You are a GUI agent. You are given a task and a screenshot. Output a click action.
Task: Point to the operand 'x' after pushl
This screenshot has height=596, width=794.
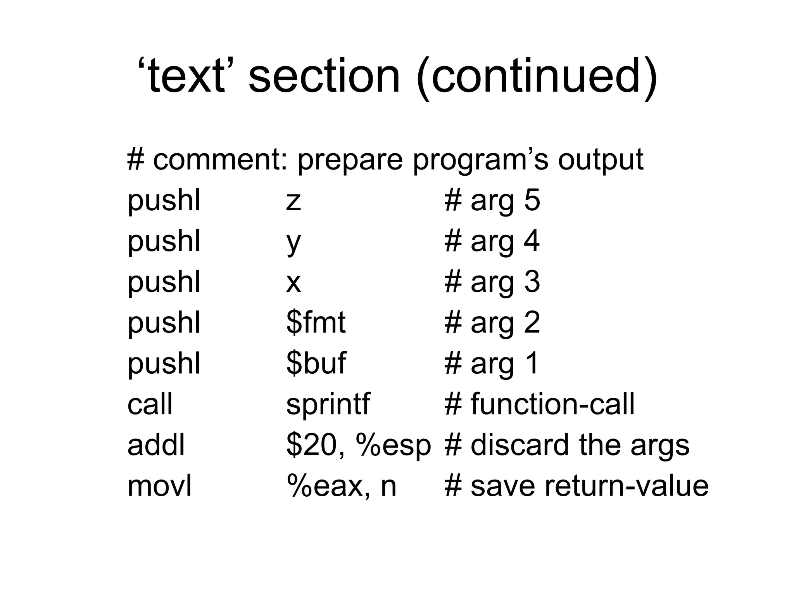pyautogui.click(x=293, y=283)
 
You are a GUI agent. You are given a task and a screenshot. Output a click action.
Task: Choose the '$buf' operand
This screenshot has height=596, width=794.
pyautogui.click(x=316, y=363)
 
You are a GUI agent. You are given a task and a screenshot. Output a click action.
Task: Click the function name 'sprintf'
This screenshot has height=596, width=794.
pyautogui.click(x=328, y=405)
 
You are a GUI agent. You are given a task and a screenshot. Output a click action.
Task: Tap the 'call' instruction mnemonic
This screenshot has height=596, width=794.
pyautogui.click(x=150, y=404)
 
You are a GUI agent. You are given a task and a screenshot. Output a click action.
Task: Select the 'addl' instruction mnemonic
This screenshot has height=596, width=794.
pyautogui.click(x=156, y=445)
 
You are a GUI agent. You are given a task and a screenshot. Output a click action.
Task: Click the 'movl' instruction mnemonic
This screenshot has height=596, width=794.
pyautogui.click(x=159, y=485)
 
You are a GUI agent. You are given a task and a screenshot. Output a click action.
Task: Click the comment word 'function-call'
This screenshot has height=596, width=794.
pyautogui.click(x=552, y=404)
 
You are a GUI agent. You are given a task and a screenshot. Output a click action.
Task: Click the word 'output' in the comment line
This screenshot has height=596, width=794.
pyautogui.click(x=601, y=160)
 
